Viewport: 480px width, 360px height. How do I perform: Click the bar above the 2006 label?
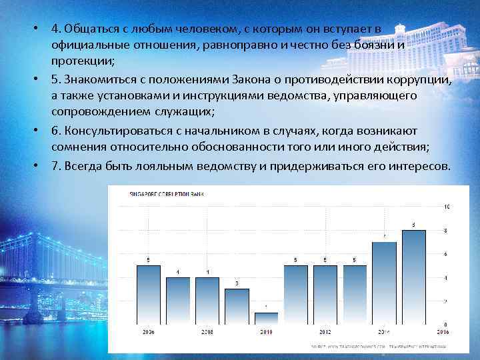[x=148, y=295]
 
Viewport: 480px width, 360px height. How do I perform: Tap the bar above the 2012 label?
[x=325, y=295]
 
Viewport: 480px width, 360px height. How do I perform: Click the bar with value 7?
[x=384, y=283]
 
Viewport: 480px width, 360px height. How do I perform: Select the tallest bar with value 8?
[x=413, y=277]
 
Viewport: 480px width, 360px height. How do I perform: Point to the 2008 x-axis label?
[x=207, y=331]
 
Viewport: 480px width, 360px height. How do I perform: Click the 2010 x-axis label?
[x=266, y=331]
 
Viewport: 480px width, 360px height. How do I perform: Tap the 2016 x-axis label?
[x=442, y=331]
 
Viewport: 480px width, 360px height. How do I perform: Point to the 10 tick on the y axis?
[x=447, y=206]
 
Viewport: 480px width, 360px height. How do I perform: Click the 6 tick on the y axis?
[x=445, y=254]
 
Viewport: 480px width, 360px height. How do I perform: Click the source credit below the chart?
[x=377, y=347]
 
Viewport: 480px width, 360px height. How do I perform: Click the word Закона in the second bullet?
[x=246, y=81]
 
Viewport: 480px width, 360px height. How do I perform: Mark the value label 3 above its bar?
[x=237, y=284]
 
